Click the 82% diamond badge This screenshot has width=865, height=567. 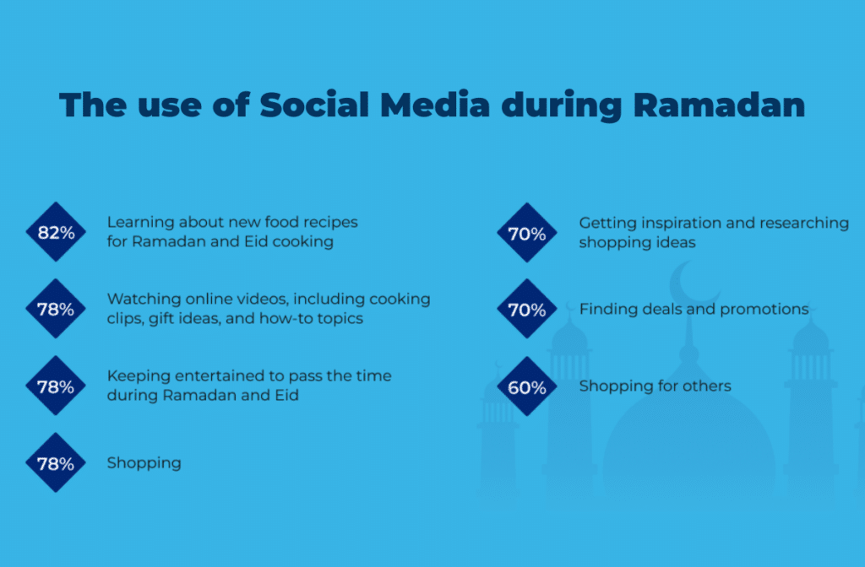click(56, 232)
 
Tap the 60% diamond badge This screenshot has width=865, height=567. click(527, 386)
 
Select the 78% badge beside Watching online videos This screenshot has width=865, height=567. click(56, 309)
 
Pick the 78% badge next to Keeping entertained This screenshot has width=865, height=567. click(56, 386)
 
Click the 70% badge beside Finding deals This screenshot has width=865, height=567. click(527, 309)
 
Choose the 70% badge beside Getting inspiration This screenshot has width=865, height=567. click(527, 233)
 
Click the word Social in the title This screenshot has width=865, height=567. click(314, 104)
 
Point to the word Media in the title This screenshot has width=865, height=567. click(435, 104)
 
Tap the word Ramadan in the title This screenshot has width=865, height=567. click(719, 104)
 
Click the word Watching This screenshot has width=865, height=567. click(144, 300)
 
